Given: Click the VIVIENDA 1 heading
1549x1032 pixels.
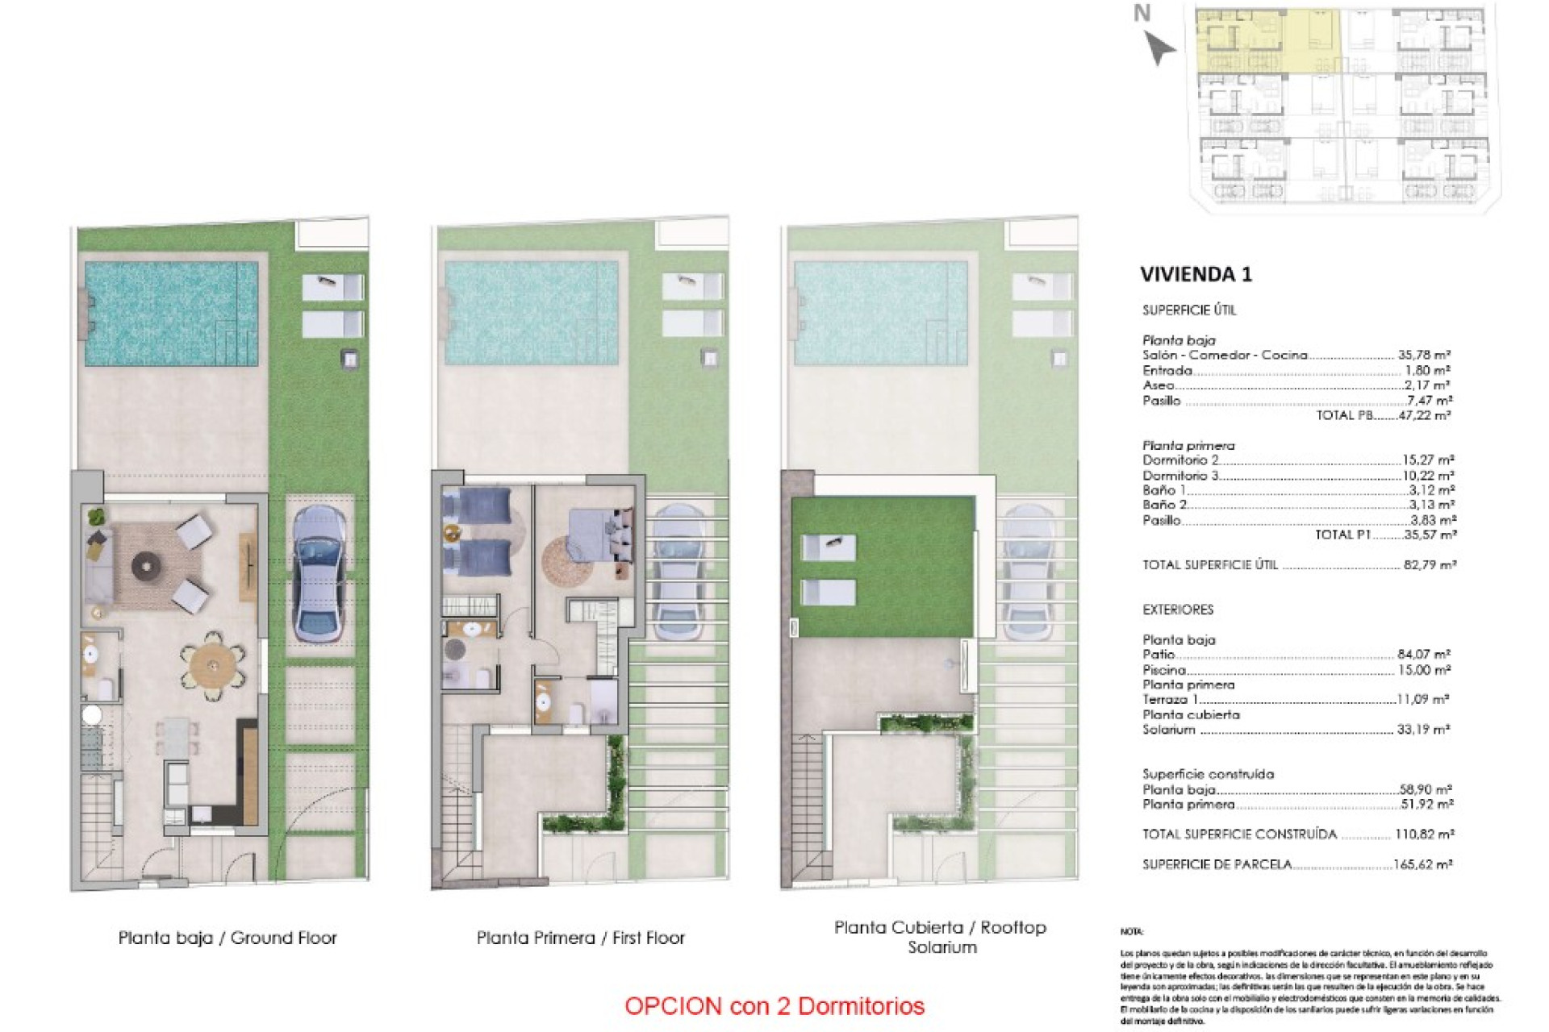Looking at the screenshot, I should [1195, 275].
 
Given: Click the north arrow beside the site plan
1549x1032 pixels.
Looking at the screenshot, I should [1159, 48].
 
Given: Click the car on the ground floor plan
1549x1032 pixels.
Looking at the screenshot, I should [319, 573].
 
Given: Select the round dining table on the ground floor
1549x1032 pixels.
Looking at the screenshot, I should [213, 665].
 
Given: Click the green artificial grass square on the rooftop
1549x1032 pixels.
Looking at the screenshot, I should [883, 567].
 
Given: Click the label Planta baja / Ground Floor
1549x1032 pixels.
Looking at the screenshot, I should [228, 938].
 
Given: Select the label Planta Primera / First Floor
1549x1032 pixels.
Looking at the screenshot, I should [580, 938].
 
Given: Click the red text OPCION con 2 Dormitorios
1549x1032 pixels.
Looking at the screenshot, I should [774, 1006].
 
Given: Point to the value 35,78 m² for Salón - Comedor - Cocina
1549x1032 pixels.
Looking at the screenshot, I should [1424, 355].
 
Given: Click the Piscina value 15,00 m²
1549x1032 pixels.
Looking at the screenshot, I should [1424, 670].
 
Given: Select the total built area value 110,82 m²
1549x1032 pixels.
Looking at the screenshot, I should [1424, 834].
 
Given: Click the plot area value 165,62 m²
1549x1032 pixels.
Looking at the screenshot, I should [1422, 864].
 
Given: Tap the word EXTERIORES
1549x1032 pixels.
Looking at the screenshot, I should [1177, 610].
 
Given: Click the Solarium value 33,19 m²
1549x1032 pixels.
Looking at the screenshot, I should [1423, 730].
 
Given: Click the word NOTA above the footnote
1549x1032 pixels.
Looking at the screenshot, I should [1131, 932].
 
